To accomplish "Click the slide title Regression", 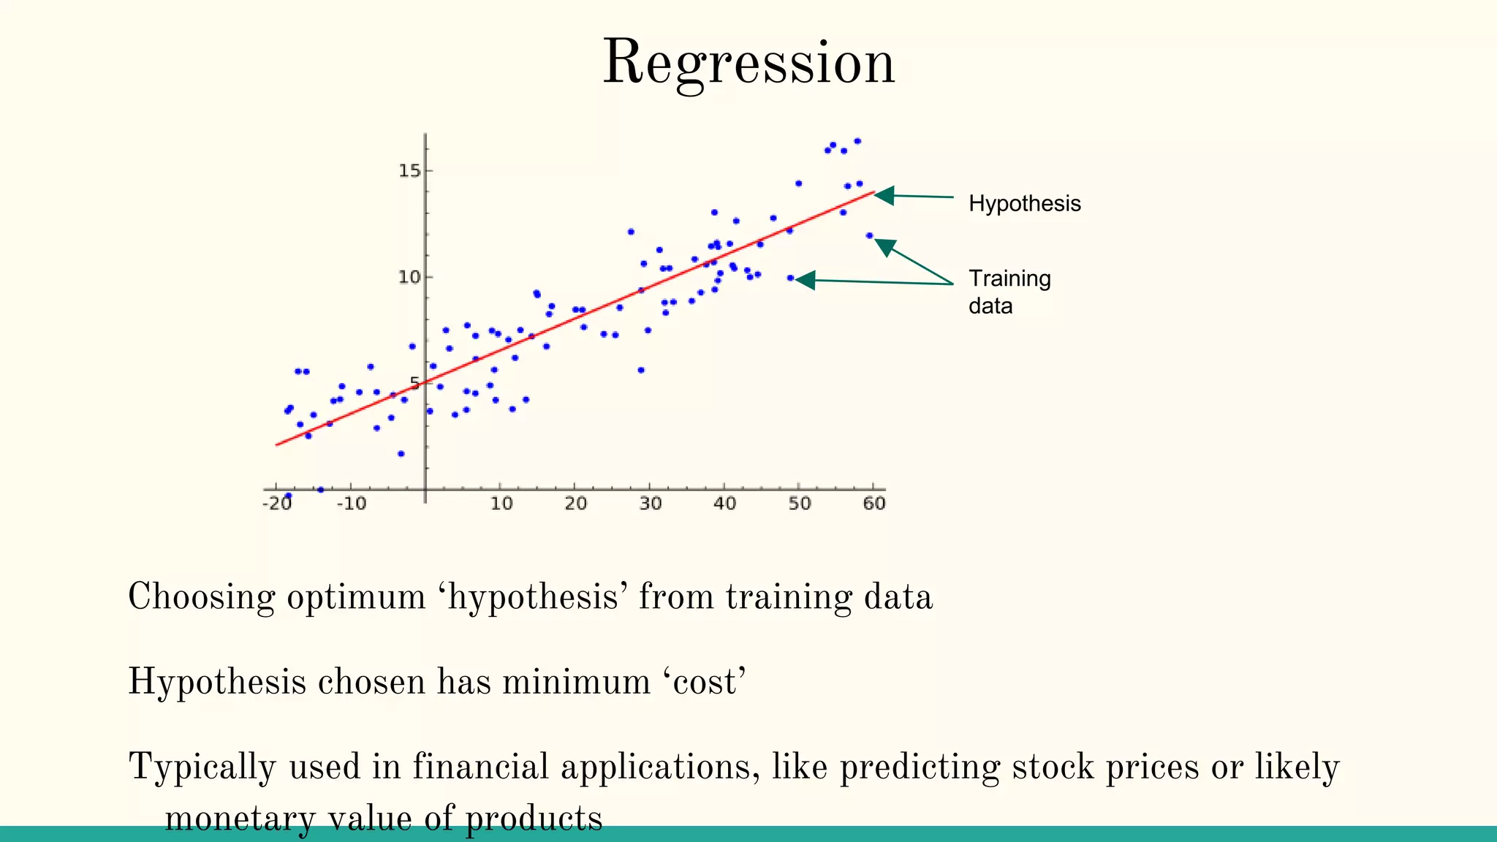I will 748,63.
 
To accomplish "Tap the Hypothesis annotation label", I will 1024,203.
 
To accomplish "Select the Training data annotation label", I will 1009,292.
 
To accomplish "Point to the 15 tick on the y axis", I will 410,171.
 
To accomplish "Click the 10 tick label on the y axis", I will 410,277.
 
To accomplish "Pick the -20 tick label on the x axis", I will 277,504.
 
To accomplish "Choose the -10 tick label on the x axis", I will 352,504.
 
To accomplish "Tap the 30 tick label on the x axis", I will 650,504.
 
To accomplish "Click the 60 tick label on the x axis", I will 874,504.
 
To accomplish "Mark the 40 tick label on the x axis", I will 724,504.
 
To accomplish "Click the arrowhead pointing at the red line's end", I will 884,195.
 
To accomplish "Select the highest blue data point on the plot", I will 857,141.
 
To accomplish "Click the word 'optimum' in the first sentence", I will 356,597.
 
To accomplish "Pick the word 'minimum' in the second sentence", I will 576,682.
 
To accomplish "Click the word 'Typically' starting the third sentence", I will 202,768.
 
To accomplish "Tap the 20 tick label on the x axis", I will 575,504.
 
